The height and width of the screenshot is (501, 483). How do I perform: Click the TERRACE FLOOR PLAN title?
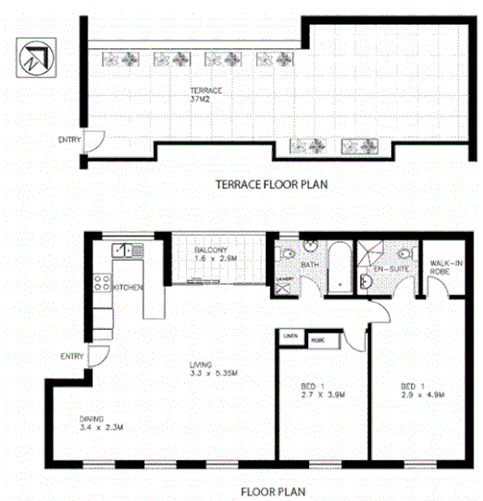271,184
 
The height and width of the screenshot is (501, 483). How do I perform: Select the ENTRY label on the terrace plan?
68,141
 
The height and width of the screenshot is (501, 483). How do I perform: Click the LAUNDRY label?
283,278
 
